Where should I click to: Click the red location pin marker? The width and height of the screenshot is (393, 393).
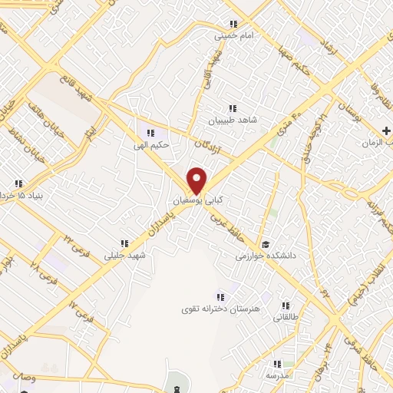197,180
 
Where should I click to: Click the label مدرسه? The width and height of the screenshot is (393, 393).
276,376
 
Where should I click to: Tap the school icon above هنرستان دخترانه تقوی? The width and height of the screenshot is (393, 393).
221,296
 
